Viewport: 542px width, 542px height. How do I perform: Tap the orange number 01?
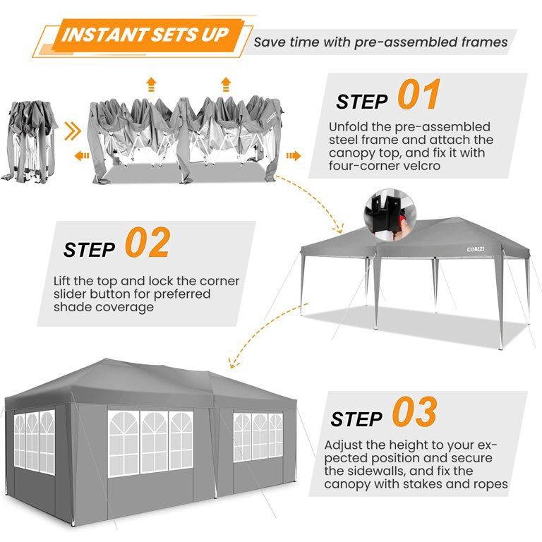click(x=418, y=96)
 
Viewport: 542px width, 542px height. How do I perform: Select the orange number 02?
click(x=147, y=243)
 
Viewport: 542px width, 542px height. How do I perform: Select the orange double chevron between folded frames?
click(x=72, y=130)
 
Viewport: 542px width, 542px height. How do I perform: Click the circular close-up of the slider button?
click(x=385, y=211)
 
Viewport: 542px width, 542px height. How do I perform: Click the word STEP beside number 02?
click(x=89, y=250)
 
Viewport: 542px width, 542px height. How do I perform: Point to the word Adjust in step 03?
click(x=344, y=445)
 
